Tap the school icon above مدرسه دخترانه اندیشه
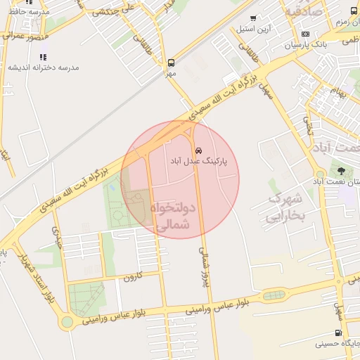[x=44, y=56]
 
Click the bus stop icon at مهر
[x=171, y=62]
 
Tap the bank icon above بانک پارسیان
[x=304, y=34]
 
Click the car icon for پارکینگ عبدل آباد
[x=199, y=150]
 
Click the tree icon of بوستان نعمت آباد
[x=342, y=170]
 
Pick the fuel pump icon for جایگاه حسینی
[x=339, y=333]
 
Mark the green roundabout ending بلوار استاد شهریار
[x=67, y=322]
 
